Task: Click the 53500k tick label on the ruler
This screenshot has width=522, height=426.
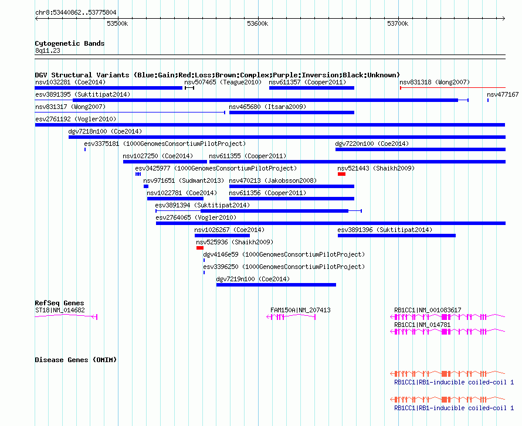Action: (117, 23)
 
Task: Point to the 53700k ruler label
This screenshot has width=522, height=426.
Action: (398, 23)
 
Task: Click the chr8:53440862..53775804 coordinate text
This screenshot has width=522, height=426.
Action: (76, 13)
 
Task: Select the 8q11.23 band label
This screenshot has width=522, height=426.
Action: (48, 50)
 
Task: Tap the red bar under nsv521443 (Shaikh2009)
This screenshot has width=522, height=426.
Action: (341, 174)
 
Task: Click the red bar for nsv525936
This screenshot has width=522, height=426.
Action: (200, 248)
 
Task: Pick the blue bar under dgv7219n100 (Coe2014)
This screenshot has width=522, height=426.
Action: (276, 285)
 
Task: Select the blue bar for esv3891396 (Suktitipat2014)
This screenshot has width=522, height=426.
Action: (396, 236)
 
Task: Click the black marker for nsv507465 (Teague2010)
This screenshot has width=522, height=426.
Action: (189, 88)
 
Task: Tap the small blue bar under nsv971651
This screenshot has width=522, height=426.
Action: (146, 186)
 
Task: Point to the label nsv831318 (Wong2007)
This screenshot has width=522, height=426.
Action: (435, 82)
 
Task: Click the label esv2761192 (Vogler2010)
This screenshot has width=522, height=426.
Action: (76, 119)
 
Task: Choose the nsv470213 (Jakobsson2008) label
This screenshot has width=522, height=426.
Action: (273, 180)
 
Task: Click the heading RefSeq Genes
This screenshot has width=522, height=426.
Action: (59, 303)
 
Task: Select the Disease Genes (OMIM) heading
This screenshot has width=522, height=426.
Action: (76, 360)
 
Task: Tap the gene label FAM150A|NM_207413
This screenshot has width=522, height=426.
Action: (300, 310)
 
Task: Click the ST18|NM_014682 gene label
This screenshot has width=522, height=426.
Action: (60, 310)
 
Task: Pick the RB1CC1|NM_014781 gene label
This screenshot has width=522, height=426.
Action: (422, 325)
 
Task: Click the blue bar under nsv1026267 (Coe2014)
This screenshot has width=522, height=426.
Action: (222, 236)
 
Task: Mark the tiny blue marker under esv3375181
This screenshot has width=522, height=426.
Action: (85, 149)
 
